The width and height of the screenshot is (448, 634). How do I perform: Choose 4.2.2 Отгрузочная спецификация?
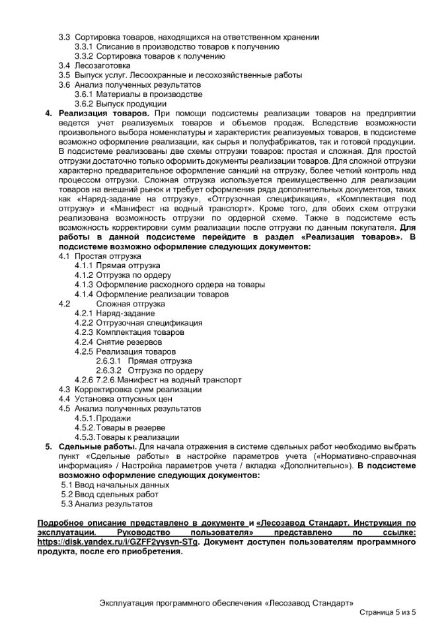pyautogui.click(x=149, y=324)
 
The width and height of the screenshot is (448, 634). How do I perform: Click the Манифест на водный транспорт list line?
pyautogui.click(x=178, y=380)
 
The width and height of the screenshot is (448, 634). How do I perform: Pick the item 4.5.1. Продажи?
pyautogui.click(x=112, y=419)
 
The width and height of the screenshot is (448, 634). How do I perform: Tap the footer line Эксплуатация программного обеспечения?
pyautogui.click(x=225, y=604)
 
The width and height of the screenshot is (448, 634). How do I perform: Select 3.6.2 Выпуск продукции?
pyautogui.click(x=120, y=104)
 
